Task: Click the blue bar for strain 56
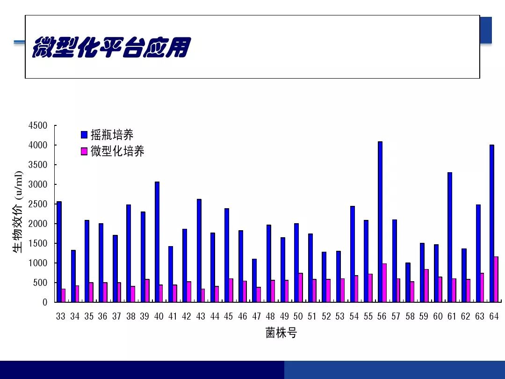point(380,222)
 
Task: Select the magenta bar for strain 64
point(496,279)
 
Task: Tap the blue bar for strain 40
point(157,242)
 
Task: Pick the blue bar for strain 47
point(254,280)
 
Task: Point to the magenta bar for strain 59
point(426,285)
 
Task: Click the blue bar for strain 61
point(450,237)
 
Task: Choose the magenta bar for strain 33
point(63,295)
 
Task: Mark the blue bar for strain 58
point(408,282)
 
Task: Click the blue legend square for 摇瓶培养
point(84,135)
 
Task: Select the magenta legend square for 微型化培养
point(84,151)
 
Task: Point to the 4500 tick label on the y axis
point(38,125)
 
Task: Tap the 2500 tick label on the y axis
point(38,204)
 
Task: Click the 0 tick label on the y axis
point(45,302)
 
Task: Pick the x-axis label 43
point(201,316)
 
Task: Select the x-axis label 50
point(298,316)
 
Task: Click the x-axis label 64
point(494,316)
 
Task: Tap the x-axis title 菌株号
point(281,333)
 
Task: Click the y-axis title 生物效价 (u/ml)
point(18,212)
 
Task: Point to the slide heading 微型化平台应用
point(111,47)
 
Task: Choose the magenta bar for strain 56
point(384,283)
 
